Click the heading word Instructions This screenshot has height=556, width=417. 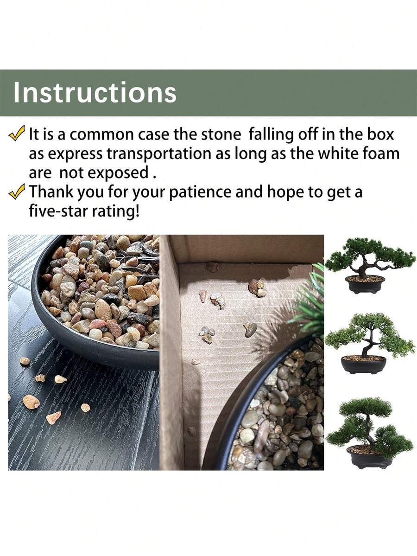(95, 93)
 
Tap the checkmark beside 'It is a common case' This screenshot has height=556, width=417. (17, 134)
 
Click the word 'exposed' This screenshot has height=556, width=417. (118, 173)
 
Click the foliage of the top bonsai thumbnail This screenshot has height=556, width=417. (370, 255)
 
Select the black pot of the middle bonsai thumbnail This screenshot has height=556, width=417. (364, 364)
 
